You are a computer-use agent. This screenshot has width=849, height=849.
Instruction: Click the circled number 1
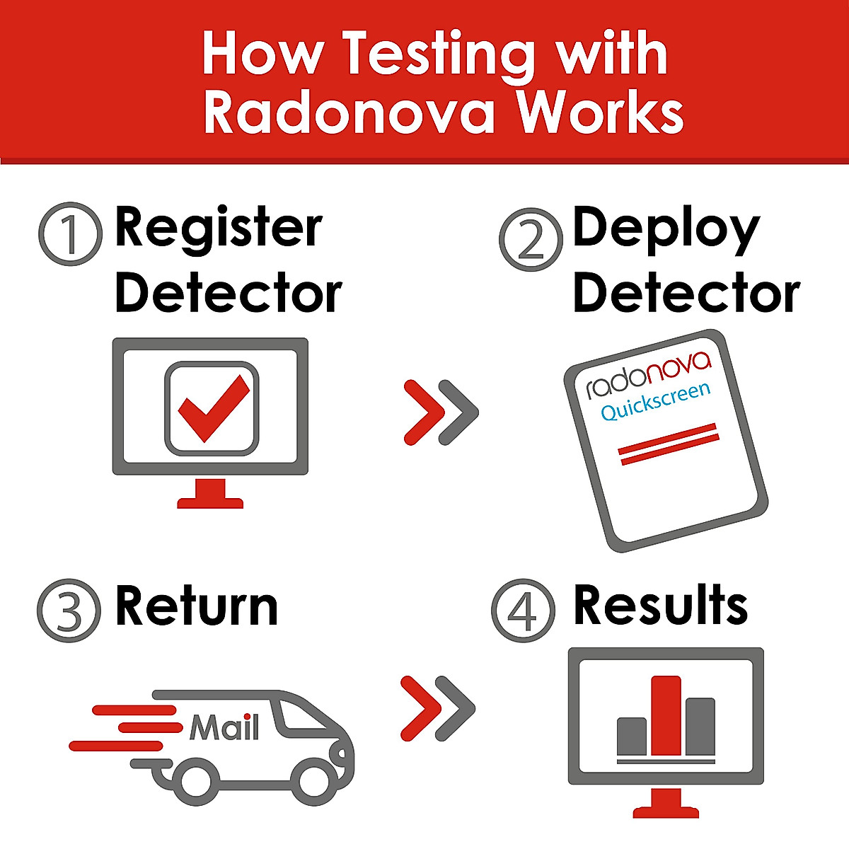(69, 235)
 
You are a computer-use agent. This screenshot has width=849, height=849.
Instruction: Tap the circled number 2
(531, 239)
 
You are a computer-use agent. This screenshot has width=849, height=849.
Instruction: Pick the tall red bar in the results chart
(666, 715)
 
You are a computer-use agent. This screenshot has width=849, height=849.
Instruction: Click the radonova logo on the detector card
(648, 371)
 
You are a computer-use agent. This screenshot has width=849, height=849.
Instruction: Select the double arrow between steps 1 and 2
(441, 412)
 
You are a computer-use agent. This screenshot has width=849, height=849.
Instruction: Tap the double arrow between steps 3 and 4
(437, 707)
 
